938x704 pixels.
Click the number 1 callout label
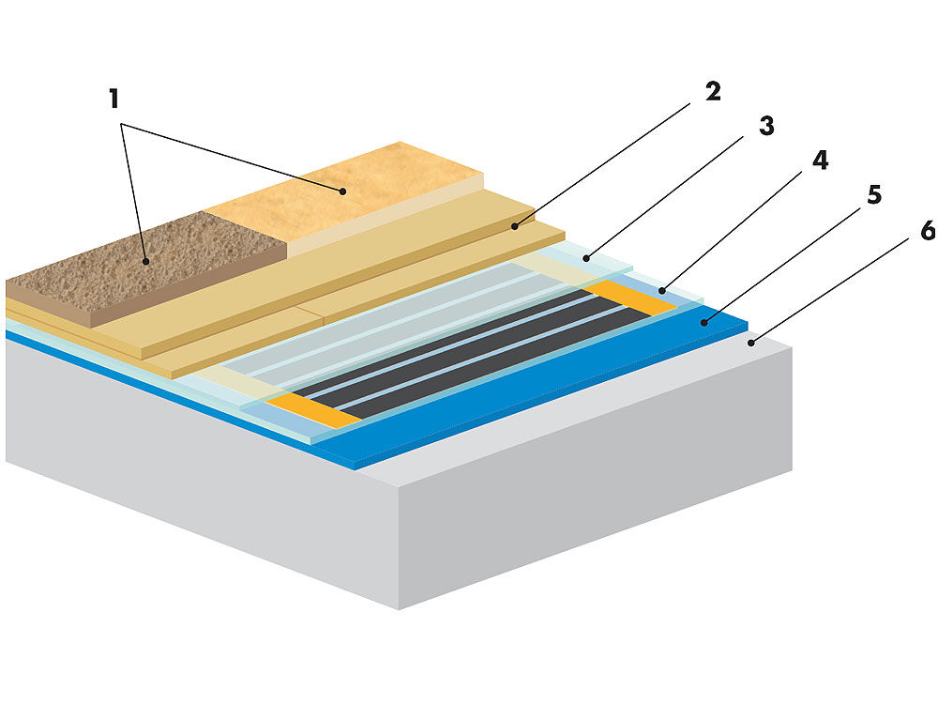coord(114,99)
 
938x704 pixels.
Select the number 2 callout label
coord(712,93)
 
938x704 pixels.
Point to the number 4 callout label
coord(819,161)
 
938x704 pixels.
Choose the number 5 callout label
coord(872,195)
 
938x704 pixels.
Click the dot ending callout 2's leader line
coord(515,226)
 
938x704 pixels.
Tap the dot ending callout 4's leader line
coord(661,290)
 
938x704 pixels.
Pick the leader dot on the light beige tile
coord(343,191)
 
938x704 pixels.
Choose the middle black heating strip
coord(460,352)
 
